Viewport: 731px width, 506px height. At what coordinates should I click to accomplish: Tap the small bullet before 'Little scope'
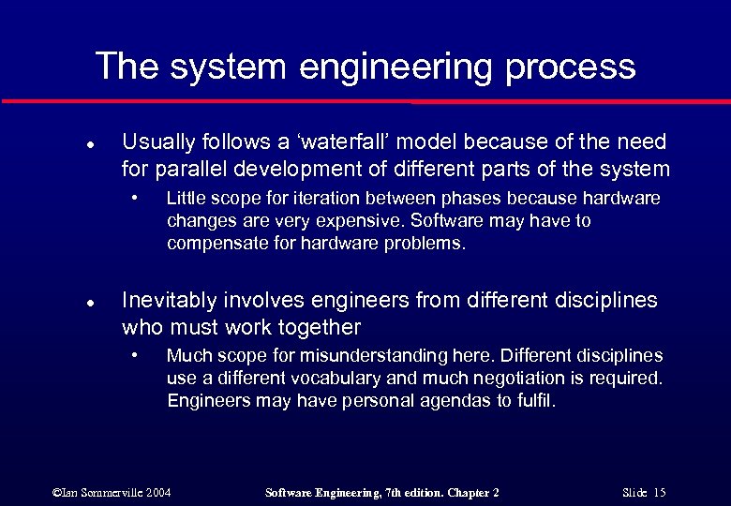pos(136,198)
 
